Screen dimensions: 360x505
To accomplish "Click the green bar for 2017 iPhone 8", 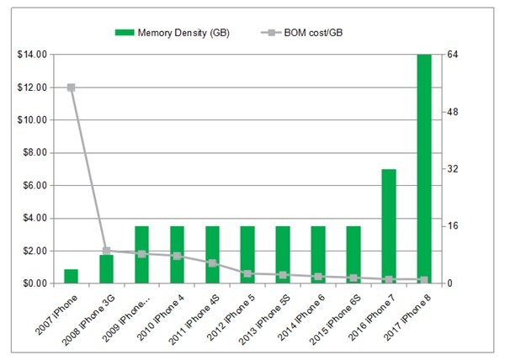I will coord(424,168).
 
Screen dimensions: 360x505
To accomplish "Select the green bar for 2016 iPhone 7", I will coord(389,226).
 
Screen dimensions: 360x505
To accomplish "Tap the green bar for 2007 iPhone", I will coord(71,277).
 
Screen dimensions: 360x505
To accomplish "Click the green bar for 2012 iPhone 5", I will coord(247,255).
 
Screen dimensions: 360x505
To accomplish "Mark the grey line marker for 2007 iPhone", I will coord(71,87).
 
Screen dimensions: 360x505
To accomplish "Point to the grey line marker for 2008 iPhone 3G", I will coord(106,251).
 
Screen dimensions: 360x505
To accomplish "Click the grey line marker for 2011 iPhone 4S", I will coord(212,263).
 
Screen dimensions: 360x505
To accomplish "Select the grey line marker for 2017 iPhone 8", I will coord(424,280).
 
